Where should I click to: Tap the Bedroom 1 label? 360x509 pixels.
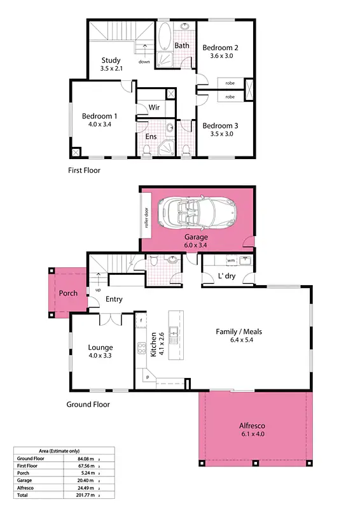coord(99,116)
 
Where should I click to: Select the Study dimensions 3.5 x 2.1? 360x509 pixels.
coord(111,69)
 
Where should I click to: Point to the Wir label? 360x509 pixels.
coord(154,108)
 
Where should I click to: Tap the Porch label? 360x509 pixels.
coord(68,293)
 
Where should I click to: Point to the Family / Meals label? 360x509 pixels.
coord(239,331)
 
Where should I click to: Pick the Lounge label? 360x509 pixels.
coord(101,347)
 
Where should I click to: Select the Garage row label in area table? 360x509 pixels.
coord(25,480)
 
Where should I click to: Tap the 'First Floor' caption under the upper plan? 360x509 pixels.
coord(84,171)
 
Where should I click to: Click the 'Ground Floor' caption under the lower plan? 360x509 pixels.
coord(88,405)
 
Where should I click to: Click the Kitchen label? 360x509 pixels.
coord(153,344)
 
